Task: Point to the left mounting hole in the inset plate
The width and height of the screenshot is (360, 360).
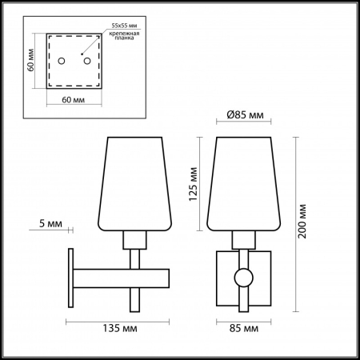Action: point(66,61)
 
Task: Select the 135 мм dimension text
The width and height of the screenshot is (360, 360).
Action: point(118,328)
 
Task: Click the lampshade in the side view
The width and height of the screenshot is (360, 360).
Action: point(134,184)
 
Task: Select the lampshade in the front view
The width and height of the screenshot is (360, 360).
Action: point(242,184)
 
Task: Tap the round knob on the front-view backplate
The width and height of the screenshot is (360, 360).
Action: point(242,278)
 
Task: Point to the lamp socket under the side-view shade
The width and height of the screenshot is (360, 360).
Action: point(134,238)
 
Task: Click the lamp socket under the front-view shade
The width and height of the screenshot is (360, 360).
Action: point(242,238)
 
